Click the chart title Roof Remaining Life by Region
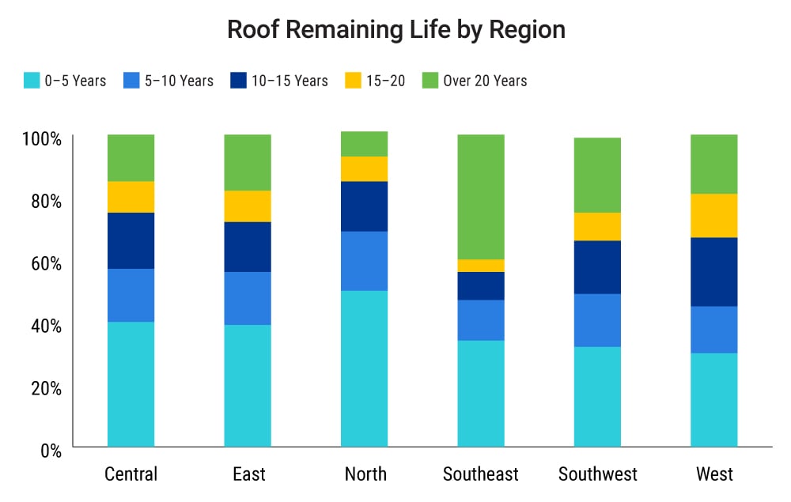tap(395, 30)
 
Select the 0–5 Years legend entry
tap(65, 81)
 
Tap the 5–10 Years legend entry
tap(168, 81)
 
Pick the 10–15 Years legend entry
tap(279, 81)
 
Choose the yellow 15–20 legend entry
tap(375, 81)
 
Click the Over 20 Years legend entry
tap(474, 81)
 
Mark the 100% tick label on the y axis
tap(41, 139)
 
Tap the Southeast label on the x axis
tap(481, 474)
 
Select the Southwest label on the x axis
tap(597, 474)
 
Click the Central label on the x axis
tap(131, 474)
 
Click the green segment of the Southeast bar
tap(481, 197)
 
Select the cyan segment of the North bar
tap(365, 368)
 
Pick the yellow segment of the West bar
tap(714, 216)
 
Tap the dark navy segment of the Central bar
tap(131, 240)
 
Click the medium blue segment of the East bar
tap(248, 298)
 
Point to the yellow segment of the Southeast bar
tap(481, 266)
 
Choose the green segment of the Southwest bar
tap(597, 176)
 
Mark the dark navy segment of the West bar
tap(714, 271)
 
